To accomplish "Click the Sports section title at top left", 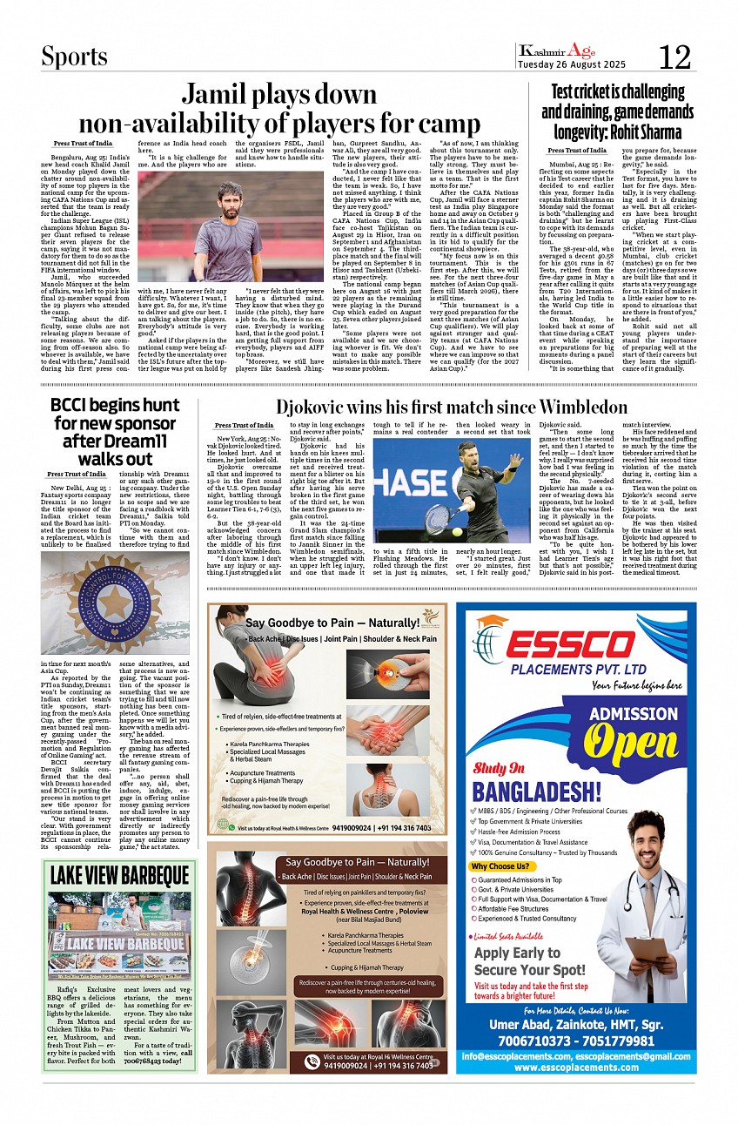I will (75, 57).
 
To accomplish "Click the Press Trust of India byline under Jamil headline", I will (83, 143).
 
